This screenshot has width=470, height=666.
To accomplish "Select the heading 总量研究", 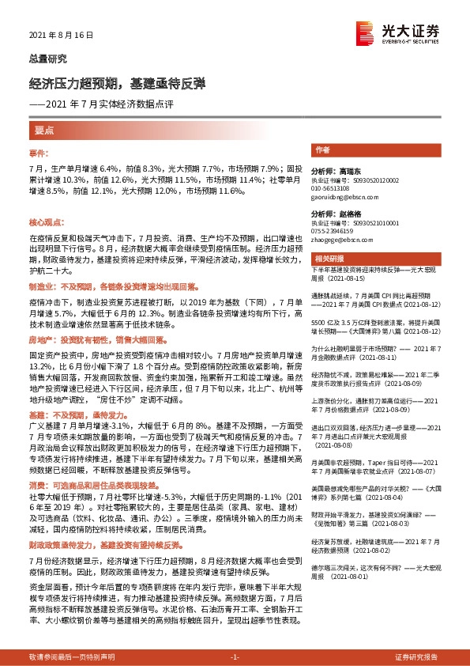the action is tap(47, 59).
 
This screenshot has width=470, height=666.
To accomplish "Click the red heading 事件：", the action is tap(39, 151).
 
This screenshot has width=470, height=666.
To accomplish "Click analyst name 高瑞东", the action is tap(347, 170).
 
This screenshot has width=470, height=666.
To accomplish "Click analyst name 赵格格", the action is tap(347, 214).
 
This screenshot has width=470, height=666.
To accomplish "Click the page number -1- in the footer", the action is tap(234, 657).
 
